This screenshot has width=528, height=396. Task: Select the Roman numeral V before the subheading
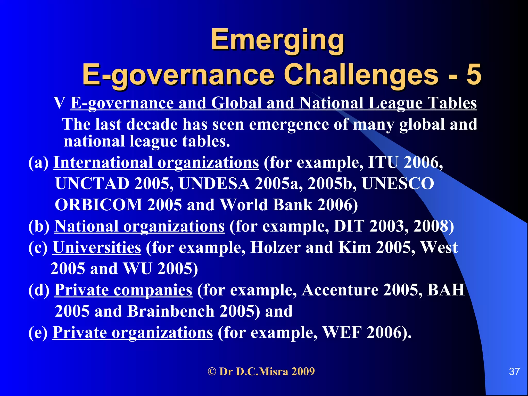pos(59,103)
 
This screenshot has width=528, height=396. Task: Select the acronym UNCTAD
pos(92,184)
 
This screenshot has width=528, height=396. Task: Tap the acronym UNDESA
pos(214,184)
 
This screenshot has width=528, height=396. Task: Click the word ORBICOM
pos(98,205)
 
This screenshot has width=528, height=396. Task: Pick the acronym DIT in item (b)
pos(349,226)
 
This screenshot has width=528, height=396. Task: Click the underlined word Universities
pos(97,247)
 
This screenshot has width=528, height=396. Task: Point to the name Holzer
pos(275,247)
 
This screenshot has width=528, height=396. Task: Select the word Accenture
pos(340,290)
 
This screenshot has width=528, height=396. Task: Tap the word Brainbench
pos(171,311)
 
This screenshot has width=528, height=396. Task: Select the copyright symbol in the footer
pos(212,372)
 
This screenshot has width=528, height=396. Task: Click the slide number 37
pos(514,372)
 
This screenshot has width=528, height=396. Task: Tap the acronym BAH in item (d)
pos(446,290)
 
